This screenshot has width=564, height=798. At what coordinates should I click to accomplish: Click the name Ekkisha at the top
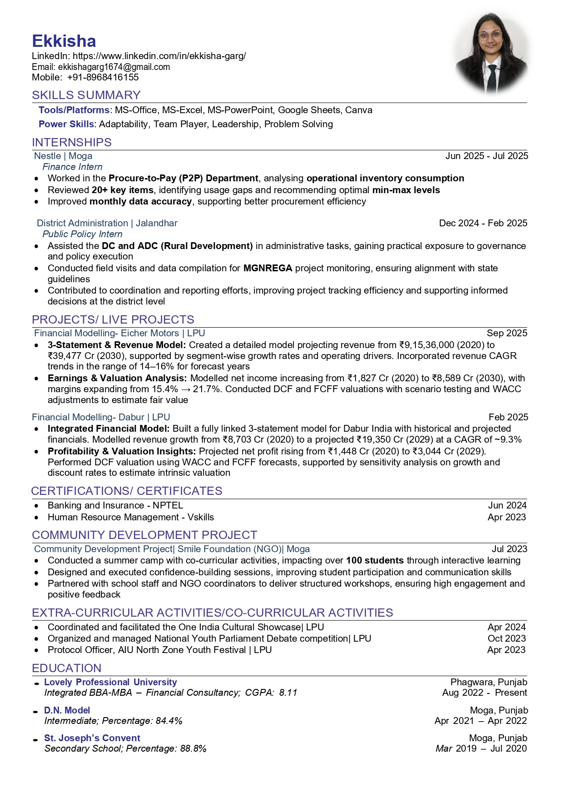pos(64,41)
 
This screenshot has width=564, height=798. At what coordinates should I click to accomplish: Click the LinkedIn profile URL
pos(159,56)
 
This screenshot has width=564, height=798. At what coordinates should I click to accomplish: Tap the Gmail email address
pos(114,67)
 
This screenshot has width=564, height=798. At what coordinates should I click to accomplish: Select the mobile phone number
pos(103,77)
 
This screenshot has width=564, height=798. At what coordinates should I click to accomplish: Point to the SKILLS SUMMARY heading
pos(86,95)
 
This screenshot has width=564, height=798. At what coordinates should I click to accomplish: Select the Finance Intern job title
pos(72,167)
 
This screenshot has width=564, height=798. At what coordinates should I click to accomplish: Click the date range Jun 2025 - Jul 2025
pos(486,156)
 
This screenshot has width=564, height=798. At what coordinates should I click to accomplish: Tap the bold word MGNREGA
pos(267,268)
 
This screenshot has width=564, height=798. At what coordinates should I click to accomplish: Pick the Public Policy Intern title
pos(82,234)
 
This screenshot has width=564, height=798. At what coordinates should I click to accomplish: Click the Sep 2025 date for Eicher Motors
pos(507,333)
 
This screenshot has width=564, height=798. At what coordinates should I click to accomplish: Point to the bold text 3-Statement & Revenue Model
pos(117,345)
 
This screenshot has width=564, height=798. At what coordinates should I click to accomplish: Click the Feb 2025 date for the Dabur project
pos(508,417)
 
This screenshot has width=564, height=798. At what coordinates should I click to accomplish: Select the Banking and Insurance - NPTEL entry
pos(115,505)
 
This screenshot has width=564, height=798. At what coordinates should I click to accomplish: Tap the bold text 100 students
pos(375,560)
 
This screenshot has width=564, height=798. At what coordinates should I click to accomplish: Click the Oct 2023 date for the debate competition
pos(506,638)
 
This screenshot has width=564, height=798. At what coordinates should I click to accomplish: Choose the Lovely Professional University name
pos(110,682)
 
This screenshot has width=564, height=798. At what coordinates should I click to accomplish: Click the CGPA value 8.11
pos(288,693)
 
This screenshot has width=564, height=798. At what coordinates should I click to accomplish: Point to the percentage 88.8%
pos(193,748)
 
